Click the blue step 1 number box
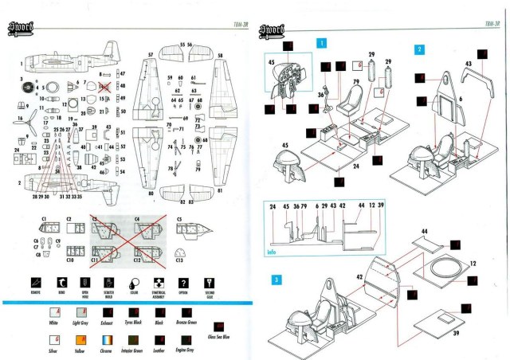320,43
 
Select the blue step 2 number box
419,49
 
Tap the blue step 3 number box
276,280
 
